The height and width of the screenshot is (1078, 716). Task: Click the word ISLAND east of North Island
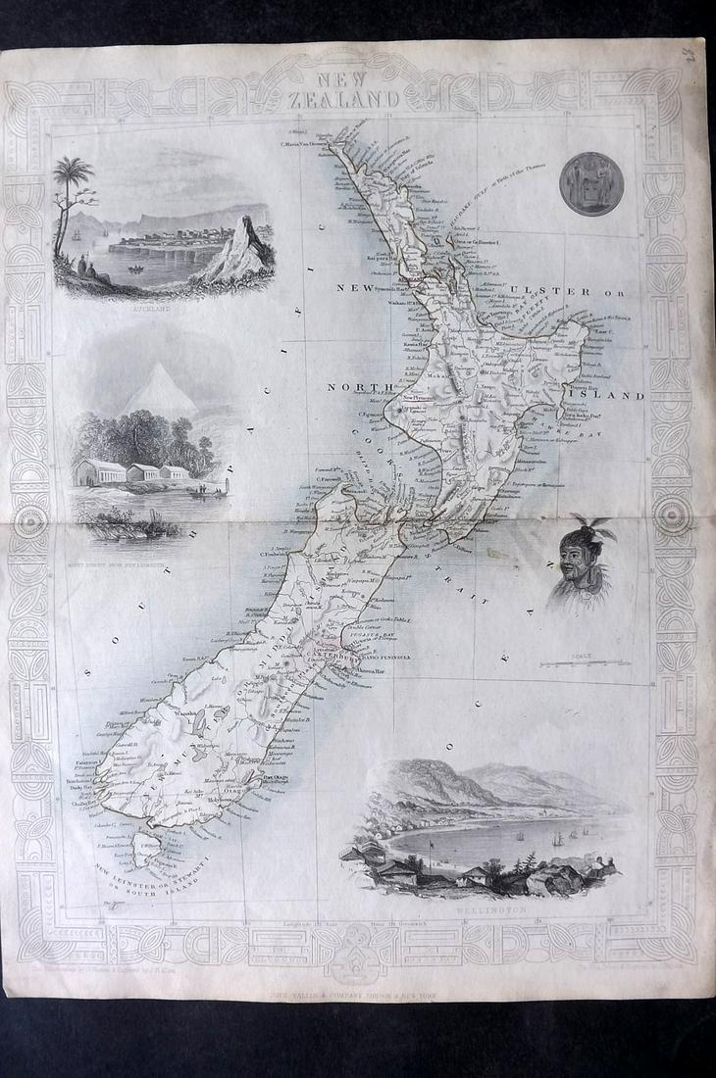click(x=615, y=396)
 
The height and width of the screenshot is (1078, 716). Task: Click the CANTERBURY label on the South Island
click(x=336, y=659)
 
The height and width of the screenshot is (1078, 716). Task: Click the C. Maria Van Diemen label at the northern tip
click(x=303, y=143)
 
